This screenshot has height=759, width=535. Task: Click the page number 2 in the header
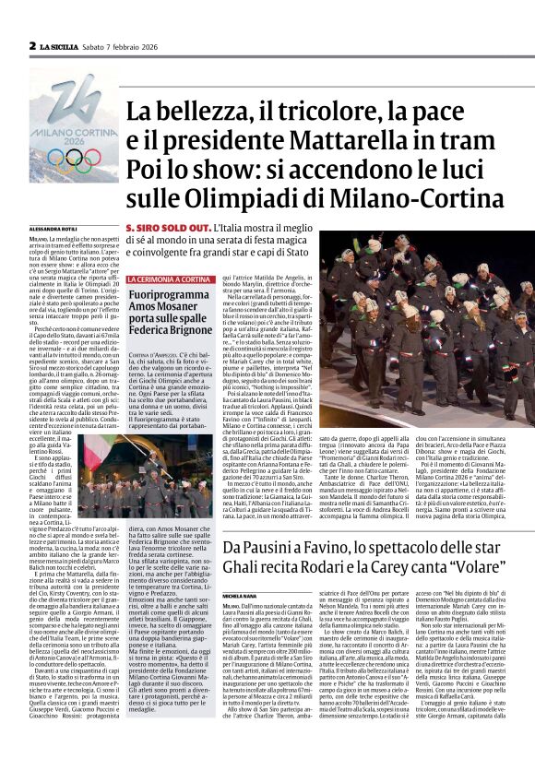[32, 44]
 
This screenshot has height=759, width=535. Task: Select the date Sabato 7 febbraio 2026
[125, 44]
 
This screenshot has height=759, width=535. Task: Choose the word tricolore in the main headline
[288, 111]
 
